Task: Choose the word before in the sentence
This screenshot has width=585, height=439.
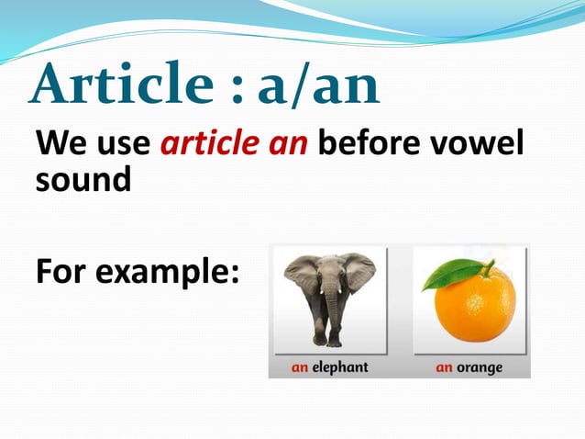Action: click(371, 145)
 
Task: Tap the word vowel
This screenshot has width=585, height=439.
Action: click(480, 145)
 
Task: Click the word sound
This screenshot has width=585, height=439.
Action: click(82, 179)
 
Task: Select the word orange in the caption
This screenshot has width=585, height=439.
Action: click(481, 367)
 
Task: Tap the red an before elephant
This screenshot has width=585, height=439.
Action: click(300, 367)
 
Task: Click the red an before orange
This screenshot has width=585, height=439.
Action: click(445, 367)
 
